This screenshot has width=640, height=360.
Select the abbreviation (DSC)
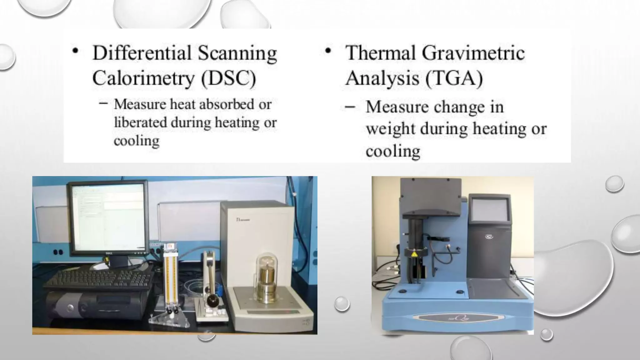(x=228, y=78)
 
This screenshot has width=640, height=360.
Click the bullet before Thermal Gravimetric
(x=327, y=51)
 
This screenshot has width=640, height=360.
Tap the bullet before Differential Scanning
(x=75, y=51)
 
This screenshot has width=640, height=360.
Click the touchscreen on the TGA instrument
(x=490, y=211)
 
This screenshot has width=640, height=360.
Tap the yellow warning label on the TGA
(x=415, y=254)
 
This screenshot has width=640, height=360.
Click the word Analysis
(x=382, y=78)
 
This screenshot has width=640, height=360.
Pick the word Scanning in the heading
(x=237, y=53)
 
